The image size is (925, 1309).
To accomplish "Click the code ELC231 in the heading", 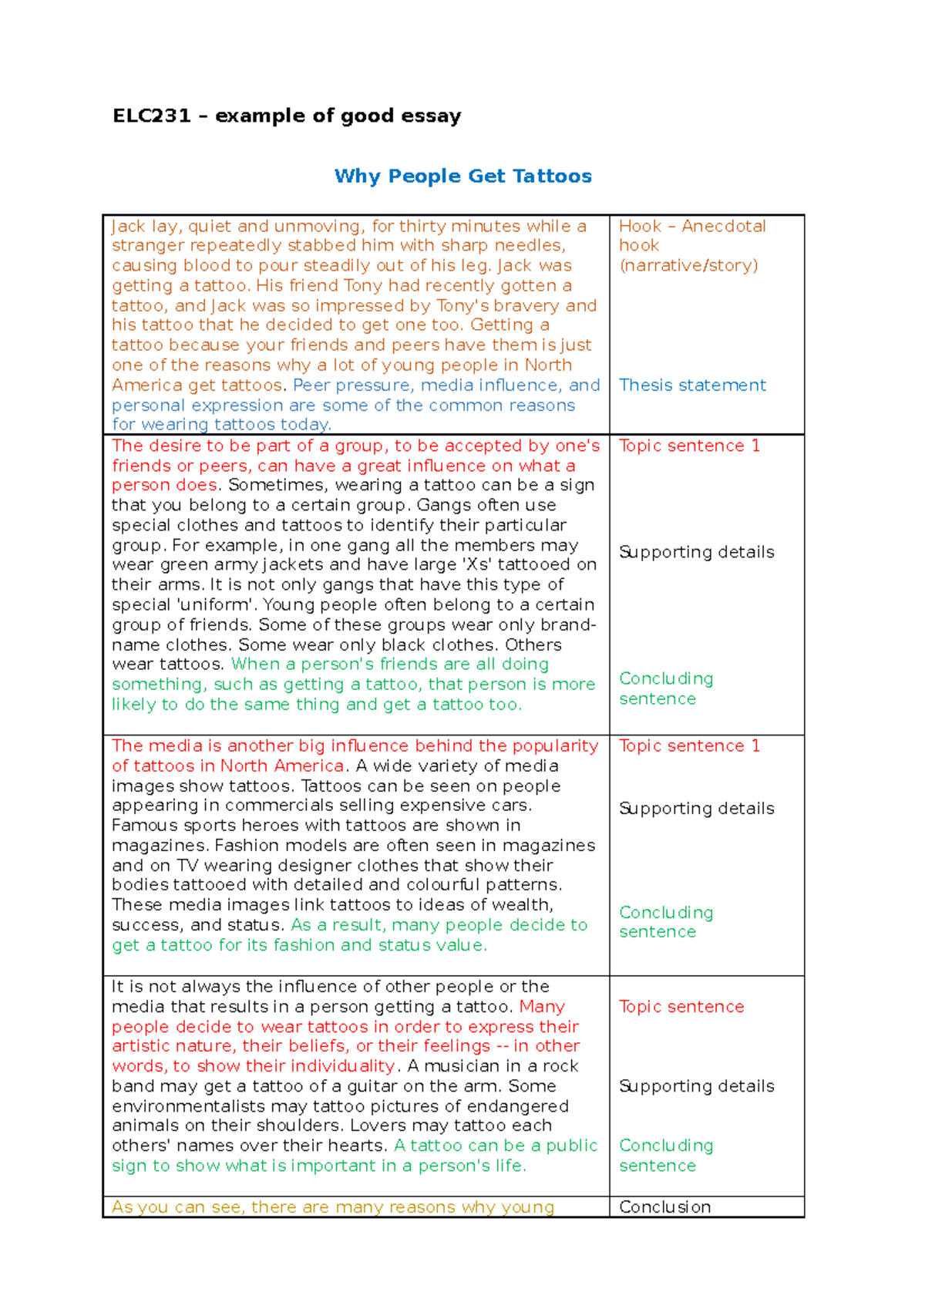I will (x=151, y=116).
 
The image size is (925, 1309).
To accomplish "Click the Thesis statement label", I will (x=692, y=385).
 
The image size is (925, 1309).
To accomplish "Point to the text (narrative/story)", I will (x=688, y=266).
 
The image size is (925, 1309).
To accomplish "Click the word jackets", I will (x=294, y=565).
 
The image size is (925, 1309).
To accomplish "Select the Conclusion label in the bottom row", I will (x=664, y=1207).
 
